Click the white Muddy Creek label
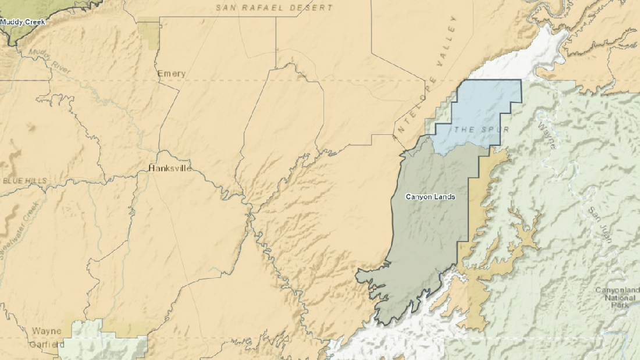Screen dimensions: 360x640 [x=23, y=22]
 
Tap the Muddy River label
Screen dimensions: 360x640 [x=48, y=62]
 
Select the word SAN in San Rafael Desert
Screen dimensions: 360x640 [x=227, y=8]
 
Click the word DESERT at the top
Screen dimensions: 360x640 [x=312, y=8]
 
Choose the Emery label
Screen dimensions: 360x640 [x=172, y=74]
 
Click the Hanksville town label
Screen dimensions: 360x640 [x=170, y=169]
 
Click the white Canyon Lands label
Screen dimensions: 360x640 [x=430, y=197]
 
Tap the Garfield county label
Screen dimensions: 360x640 [x=47, y=344]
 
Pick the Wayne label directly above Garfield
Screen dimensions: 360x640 [x=47, y=331]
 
